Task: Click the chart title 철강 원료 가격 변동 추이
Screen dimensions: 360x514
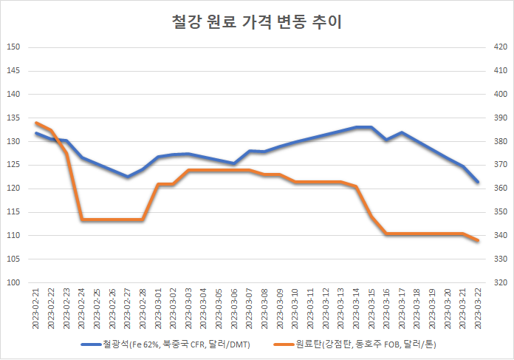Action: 256,23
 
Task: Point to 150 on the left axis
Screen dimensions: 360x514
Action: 13,47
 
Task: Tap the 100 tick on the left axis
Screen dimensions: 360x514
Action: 13,282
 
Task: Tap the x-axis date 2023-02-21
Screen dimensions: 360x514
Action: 35,310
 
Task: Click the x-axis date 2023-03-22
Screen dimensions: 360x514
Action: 478,310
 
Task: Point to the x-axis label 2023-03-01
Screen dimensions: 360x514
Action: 158,310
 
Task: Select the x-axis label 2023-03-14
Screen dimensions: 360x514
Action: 356,310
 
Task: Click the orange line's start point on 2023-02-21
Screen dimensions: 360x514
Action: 35,123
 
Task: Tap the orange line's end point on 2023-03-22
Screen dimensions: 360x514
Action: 478,241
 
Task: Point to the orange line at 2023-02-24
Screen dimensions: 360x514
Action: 81,220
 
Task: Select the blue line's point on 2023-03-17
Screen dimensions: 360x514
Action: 402,133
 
